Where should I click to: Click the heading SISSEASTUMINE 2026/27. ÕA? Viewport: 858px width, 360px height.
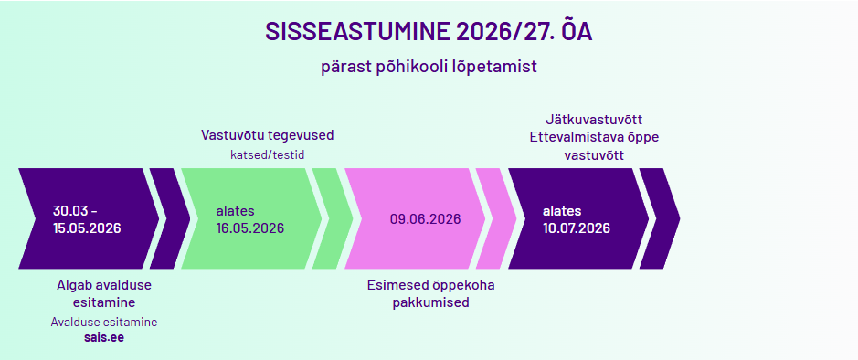tap(429, 32)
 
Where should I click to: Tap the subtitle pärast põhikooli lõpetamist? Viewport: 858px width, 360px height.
tap(429, 67)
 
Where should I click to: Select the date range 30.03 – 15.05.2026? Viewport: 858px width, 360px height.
tap(87, 219)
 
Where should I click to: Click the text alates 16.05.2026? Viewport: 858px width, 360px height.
tap(250, 219)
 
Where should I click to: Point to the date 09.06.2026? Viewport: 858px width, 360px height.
tap(425, 219)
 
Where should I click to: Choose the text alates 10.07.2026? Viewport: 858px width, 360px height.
tap(577, 219)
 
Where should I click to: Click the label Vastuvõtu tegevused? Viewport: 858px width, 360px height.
tap(267, 135)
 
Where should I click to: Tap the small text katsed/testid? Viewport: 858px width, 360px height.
tap(267, 154)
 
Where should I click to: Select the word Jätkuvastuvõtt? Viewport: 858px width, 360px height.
tap(594, 120)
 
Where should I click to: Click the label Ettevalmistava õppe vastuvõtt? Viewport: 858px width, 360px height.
tap(594, 146)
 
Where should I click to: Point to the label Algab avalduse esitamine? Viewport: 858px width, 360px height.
tap(104, 293)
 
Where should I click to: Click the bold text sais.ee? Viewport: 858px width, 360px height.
tap(104, 337)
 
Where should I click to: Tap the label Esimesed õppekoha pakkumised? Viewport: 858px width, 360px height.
tap(430, 293)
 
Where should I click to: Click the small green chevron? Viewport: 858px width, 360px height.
tap(333, 218)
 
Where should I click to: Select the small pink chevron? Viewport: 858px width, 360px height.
tap(496, 218)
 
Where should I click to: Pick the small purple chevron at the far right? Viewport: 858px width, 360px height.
tap(660, 218)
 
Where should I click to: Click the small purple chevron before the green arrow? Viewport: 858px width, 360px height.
tap(170, 218)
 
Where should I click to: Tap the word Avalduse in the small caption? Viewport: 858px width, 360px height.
tap(72, 323)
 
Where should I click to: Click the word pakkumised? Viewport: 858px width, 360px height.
tap(430, 302)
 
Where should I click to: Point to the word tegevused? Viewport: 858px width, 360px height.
tap(304, 135)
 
